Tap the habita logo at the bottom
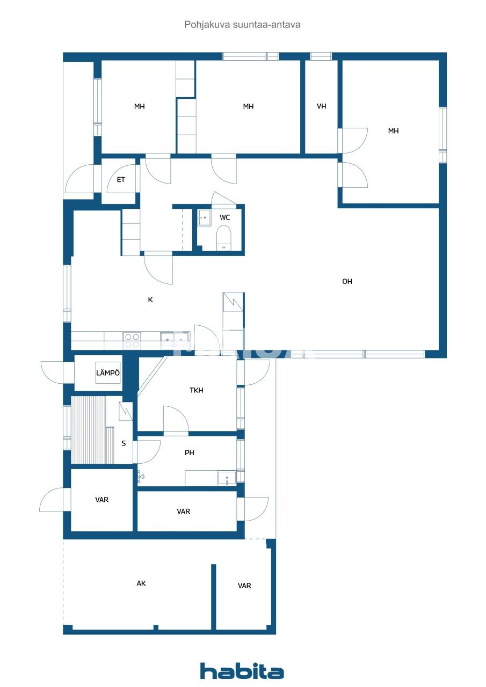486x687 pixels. point(242,671)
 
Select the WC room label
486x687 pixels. point(225,217)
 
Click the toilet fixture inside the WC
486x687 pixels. point(223,237)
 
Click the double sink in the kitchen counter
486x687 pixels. point(175,338)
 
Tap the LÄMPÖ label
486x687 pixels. point(108,373)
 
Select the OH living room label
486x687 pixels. point(347,281)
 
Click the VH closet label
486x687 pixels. point(322,106)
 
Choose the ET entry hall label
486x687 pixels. point(121,180)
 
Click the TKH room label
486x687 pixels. point(197,390)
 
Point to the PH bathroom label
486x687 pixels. point(190,452)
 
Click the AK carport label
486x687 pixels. point(141,583)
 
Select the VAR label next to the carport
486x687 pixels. point(244,586)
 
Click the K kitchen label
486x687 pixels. point(150,299)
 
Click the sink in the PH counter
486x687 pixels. point(227,478)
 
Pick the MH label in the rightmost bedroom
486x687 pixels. point(394,130)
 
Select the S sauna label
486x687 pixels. point(124,443)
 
